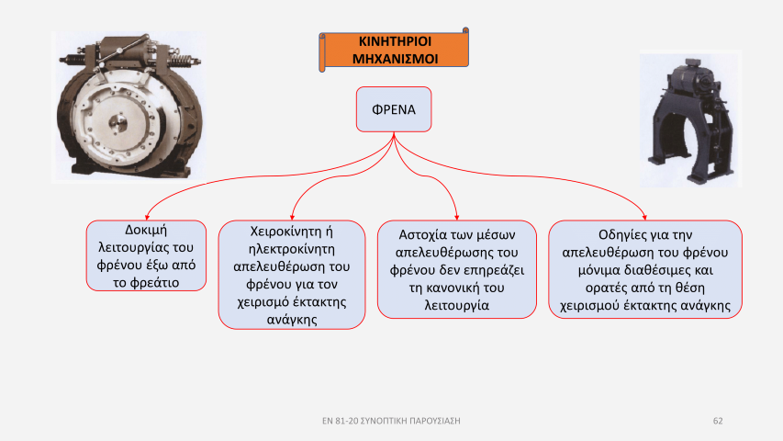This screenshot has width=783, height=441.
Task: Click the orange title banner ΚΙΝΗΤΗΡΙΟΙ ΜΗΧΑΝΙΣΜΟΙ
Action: (x=394, y=50)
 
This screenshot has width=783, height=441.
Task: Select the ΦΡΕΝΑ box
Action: (x=394, y=109)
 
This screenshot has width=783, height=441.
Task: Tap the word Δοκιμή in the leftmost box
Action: (x=146, y=230)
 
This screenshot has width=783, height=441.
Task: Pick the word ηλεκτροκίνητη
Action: (x=292, y=249)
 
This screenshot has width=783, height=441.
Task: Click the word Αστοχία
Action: (x=422, y=235)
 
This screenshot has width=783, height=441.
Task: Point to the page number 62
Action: (x=718, y=421)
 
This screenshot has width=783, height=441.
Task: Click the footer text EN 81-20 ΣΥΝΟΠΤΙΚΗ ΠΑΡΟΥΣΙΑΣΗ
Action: (x=391, y=421)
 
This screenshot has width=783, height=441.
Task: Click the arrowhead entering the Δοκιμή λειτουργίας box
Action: (x=147, y=218)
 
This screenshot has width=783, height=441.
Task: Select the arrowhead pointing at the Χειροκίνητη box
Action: (x=292, y=218)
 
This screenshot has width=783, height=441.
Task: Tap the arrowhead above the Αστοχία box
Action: (x=457, y=218)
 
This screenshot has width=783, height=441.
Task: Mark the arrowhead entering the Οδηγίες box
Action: (x=644, y=218)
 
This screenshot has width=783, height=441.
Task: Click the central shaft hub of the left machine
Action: (x=117, y=123)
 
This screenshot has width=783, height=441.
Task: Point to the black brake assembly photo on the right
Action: (x=690, y=119)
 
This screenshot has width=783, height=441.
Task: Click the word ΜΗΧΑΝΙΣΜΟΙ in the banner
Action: (x=395, y=59)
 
